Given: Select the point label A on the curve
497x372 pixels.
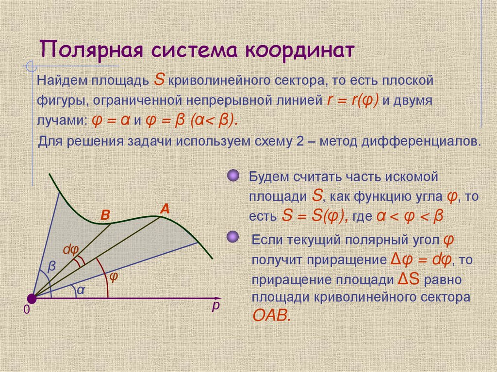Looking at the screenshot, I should pyautogui.click(x=165, y=209).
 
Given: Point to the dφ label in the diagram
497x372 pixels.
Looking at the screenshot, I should pyautogui.click(x=70, y=250).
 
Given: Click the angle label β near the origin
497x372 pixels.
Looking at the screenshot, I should pyautogui.click(x=52, y=266).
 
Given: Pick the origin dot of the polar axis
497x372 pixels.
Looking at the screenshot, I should pyautogui.click(x=32, y=297).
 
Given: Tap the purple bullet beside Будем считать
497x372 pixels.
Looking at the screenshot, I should pyautogui.click(x=233, y=175).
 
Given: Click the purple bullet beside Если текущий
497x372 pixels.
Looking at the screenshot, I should pyautogui.click(x=233, y=238).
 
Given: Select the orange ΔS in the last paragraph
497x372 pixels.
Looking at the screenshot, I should pyautogui.click(x=411, y=280).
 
